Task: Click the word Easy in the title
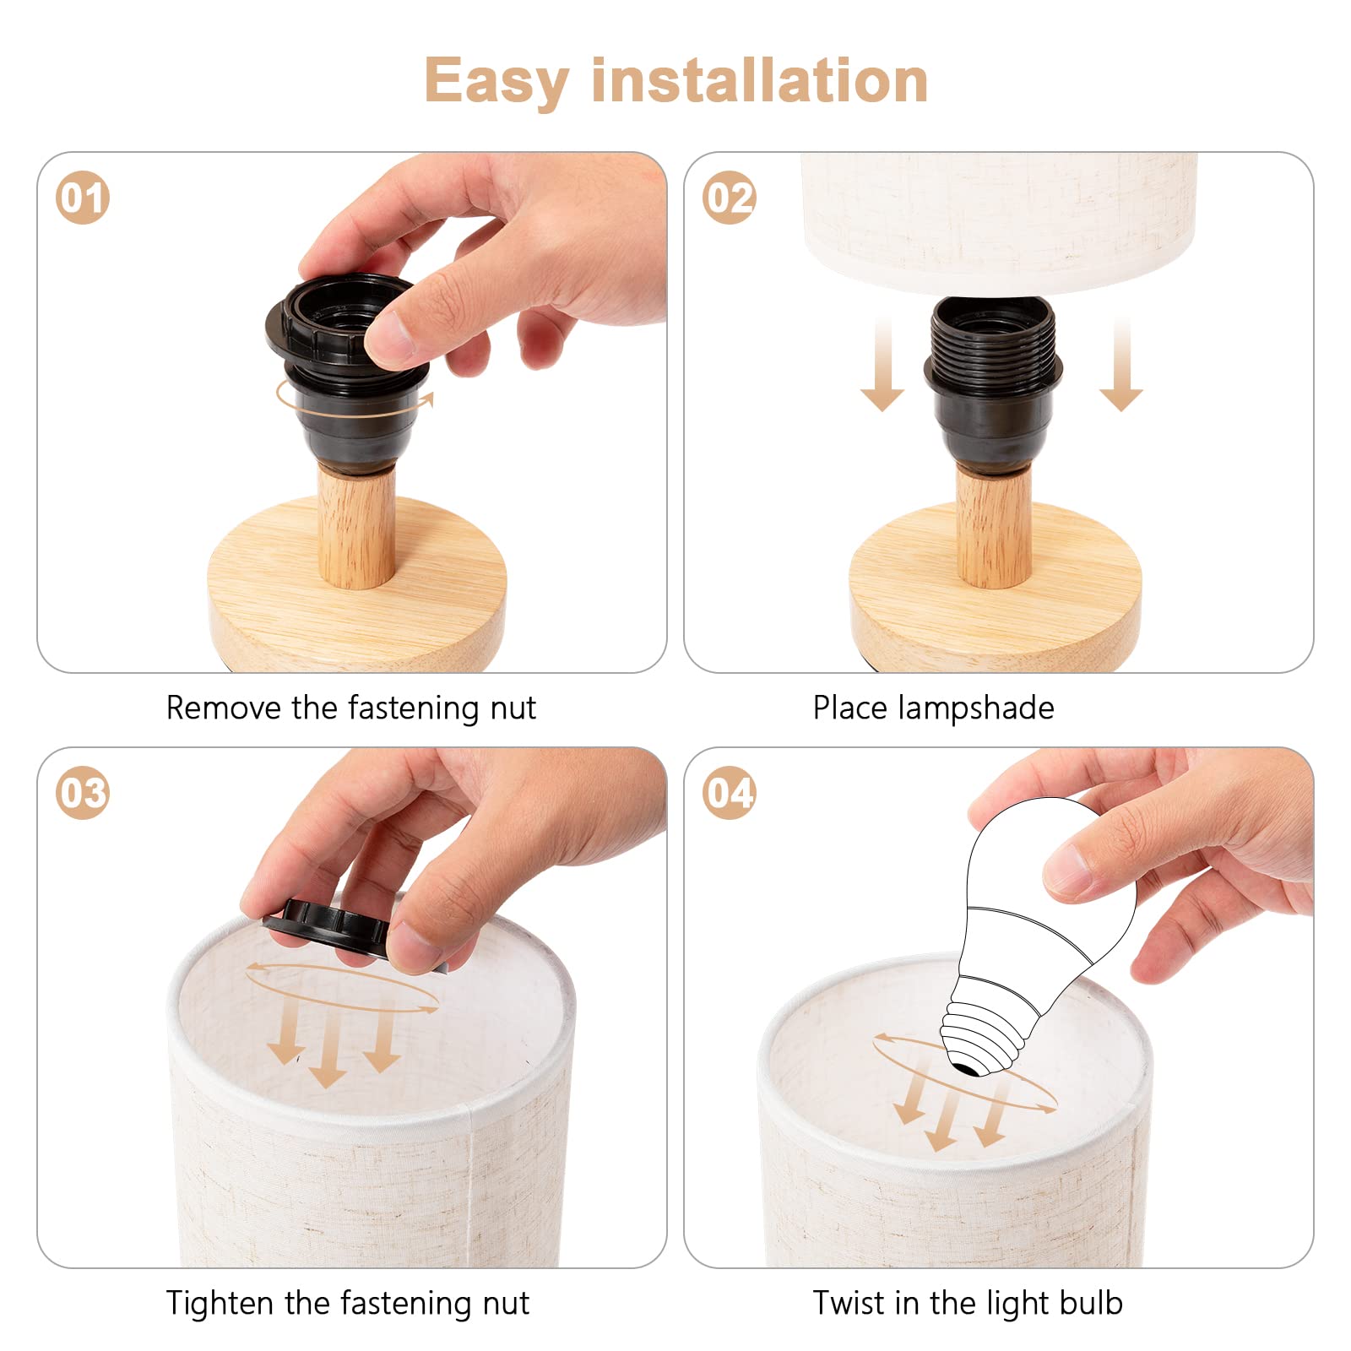pos(496,82)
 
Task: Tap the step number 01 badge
pos(83,198)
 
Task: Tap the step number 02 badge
pos(729,198)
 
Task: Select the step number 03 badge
pos(83,793)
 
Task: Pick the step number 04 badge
pos(729,793)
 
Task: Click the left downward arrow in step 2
pos(882,364)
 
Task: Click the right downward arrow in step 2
pos(1121,364)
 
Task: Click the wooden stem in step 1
pos(356,524)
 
